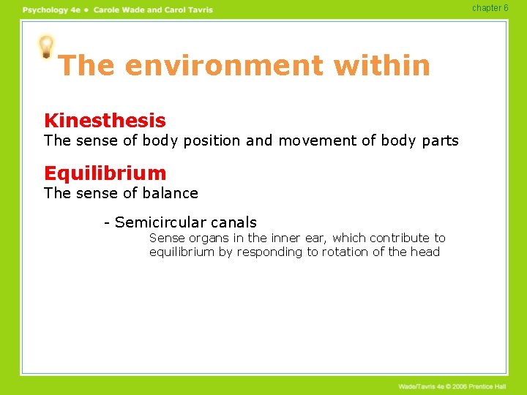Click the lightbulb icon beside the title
46,47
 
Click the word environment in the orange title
224,66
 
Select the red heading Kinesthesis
105,121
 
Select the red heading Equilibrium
105,173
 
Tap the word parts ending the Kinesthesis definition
438,140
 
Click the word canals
233,222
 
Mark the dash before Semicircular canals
107,222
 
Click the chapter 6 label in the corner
490,8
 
